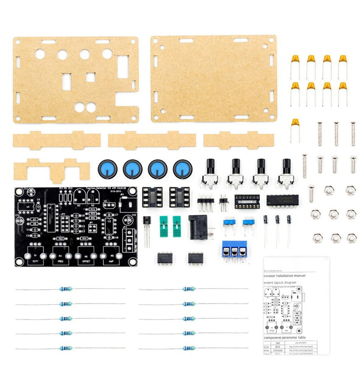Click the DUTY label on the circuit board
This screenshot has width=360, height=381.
tap(36, 261)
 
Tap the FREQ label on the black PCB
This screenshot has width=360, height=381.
tap(61, 261)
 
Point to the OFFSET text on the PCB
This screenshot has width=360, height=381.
tap(86, 261)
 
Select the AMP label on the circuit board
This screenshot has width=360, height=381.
tap(111, 261)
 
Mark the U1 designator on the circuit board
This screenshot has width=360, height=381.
tap(49, 208)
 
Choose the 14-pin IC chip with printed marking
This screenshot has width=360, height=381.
tap(279, 200)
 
